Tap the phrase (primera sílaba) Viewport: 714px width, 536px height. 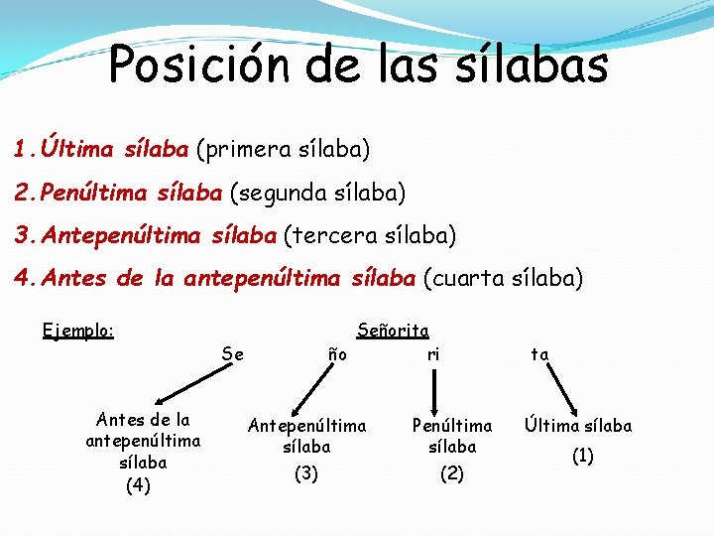[283, 150]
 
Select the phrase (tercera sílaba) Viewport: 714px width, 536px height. [370, 236]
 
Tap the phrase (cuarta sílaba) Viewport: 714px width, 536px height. [504, 279]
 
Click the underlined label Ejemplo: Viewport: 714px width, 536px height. [78, 330]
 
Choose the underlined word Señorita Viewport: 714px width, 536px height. [393, 330]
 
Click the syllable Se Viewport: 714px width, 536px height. [233, 353]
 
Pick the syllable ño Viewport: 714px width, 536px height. [337, 353]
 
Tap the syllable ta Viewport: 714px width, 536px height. [540, 353]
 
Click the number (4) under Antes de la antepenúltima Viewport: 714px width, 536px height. [139, 485]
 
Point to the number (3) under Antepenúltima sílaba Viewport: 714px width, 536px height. [306, 473]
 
